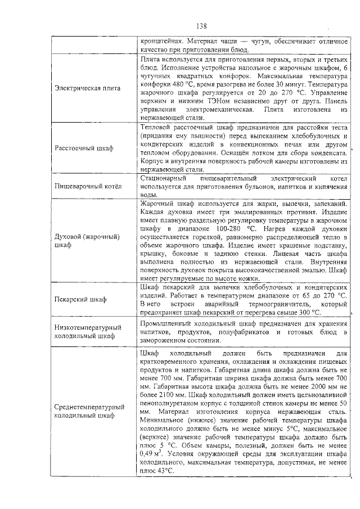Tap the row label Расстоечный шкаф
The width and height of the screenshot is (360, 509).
click(x=84, y=148)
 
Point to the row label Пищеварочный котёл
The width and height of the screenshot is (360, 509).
click(x=88, y=186)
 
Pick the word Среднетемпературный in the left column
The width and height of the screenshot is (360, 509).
click(x=89, y=406)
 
